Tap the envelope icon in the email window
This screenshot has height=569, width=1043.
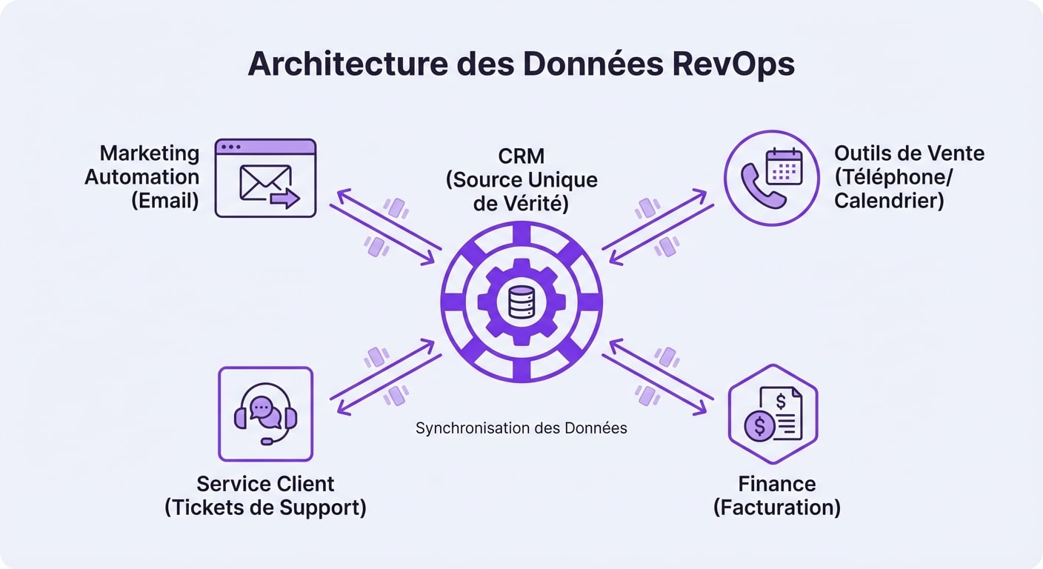pyautogui.click(x=263, y=182)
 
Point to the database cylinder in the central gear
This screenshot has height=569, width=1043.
pyautogui.click(x=521, y=302)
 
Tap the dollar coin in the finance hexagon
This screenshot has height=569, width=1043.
pyautogui.click(x=759, y=426)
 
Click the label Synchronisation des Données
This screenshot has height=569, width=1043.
pyautogui.click(x=521, y=428)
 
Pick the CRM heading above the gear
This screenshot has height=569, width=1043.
pyautogui.click(x=521, y=156)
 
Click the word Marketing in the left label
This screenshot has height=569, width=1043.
pyautogui.click(x=150, y=153)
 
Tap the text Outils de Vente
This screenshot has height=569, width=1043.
pyautogui.click(x=909, y=153)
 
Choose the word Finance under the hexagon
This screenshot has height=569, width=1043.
pyautogui.click(x=776, y=484)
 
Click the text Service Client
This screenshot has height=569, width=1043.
pyautogui.click(x=265, y=484)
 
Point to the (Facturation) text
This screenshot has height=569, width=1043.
pyautogui.click(x=776, y=508)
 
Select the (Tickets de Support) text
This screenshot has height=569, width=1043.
pyautogui.click(x=265, y=508)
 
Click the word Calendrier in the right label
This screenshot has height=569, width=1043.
pyautogui.click(x=889, y=201)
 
